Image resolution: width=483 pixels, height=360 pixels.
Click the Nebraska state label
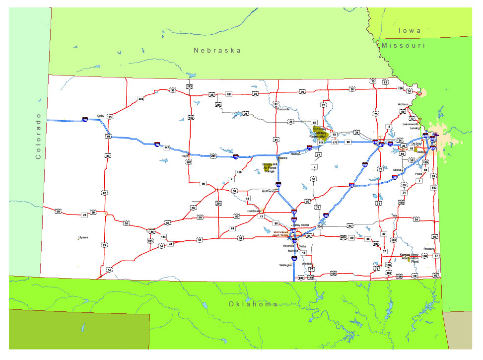(217, 50)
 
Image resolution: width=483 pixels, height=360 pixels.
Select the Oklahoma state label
(253, 304)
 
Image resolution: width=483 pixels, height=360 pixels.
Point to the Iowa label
(410, 30)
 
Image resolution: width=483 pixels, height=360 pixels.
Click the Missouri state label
(404, 45)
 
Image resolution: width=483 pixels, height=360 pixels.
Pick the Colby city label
(101, 115)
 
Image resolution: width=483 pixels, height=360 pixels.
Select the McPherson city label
(269, 191)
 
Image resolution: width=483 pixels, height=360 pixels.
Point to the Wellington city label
(286, 265)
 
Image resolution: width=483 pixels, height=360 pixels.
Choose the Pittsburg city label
(429, 248)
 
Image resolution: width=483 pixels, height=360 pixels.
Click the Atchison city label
(403, 104)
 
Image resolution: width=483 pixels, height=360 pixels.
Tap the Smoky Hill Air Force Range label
(270, 168)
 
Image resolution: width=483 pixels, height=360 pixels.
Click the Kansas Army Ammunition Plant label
(410, 257)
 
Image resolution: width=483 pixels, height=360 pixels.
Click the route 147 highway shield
(167, 148)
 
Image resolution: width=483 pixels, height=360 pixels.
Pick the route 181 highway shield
(229, 94)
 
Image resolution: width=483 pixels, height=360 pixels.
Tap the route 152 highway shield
(434, 188)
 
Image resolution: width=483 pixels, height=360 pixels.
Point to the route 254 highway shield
(320, 227)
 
